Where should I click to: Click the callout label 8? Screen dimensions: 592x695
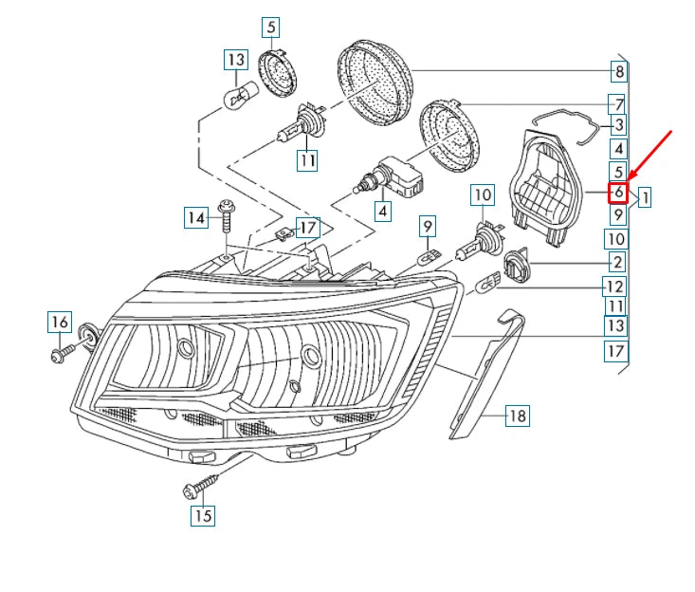coord(618,71)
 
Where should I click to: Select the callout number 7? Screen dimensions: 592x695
coord(618,103)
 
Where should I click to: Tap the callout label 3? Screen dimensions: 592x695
coord(618,124)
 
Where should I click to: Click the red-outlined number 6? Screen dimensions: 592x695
coord(618,193)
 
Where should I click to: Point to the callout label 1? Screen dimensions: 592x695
coord(644,198)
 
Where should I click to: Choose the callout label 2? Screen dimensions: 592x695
coord(617,262)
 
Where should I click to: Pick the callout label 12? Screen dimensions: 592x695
coord(615,286)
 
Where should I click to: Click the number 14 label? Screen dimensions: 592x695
coord(195,218)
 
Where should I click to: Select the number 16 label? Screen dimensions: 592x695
coord(59,323)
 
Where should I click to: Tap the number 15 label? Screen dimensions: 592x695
coord(203,516)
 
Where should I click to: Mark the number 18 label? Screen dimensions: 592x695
coord(517,415)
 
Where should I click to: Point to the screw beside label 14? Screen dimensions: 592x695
coord(227,214)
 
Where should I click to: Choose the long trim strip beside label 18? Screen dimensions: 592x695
coord(485,375)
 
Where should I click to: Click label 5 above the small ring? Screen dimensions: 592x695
coord(272,28)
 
